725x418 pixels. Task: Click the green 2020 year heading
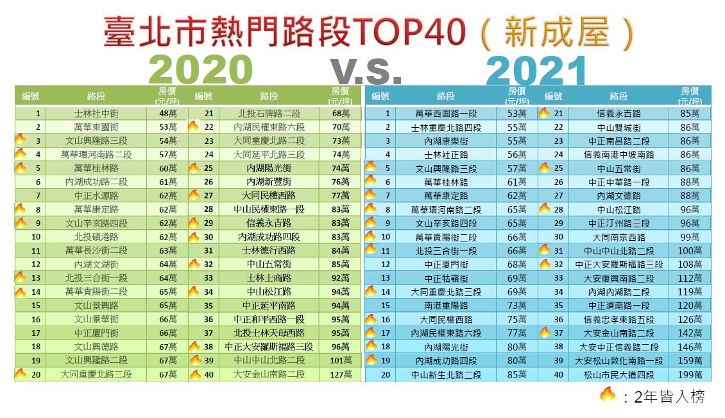[x=201, y=69]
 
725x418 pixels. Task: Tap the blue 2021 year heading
[x=536, y=69]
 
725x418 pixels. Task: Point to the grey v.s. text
[x=366, y=71]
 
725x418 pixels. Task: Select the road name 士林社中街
[x=96, y=113]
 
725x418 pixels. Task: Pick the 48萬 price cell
[x=167, y=113]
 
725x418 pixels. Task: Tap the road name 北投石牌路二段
[x=269, y=113]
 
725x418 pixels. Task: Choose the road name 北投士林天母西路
[x=269, y=333]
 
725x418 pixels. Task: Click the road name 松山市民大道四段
[x=618, y=374]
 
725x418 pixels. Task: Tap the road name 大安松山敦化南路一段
[x=618, y=360]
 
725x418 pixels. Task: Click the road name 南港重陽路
[x=445, y=306]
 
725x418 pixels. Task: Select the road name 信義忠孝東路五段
[x=618, y=319]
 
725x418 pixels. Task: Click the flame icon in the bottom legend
[x=606, y=394]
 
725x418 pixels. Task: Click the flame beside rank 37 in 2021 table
[x=544, y=332]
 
